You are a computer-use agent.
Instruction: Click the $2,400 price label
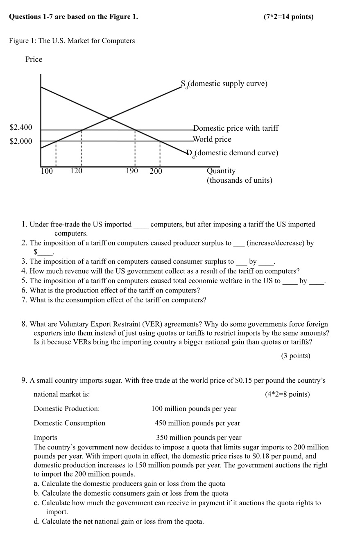21,128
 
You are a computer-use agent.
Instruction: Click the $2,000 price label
21,141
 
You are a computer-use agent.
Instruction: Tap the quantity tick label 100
47,171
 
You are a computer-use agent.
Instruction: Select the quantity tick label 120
76,171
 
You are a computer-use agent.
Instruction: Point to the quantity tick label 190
132,171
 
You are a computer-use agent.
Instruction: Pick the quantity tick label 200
156,171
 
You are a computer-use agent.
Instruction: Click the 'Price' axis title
34,59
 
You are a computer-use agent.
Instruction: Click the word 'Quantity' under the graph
221,171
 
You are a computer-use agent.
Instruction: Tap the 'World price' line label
212,139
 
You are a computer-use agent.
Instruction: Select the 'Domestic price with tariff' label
236,128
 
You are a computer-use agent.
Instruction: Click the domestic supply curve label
224,84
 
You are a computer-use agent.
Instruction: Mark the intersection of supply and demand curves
109,118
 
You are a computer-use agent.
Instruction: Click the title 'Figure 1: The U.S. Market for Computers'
72,41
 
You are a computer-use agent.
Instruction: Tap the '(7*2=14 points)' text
289,17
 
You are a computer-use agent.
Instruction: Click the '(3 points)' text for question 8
296,356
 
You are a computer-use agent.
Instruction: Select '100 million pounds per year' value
194,408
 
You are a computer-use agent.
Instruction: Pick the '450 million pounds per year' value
197,423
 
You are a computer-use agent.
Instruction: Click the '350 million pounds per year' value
199,438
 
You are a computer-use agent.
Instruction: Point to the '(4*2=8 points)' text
288,394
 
